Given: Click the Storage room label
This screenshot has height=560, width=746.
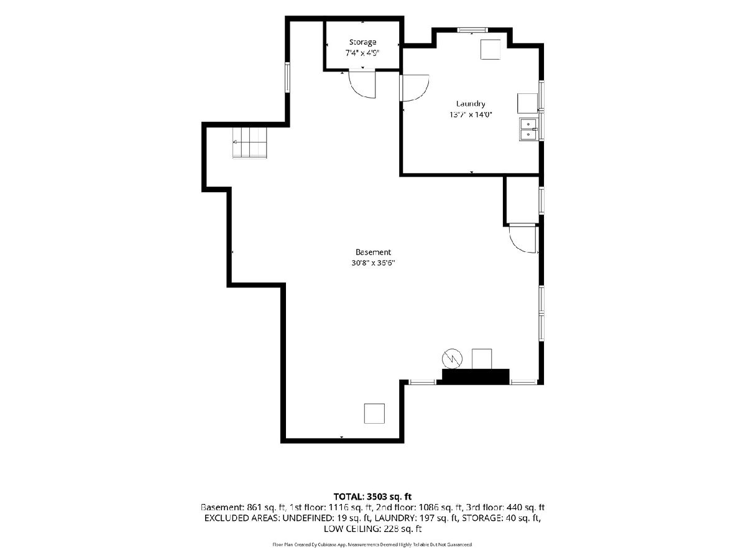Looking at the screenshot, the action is click(362, 42).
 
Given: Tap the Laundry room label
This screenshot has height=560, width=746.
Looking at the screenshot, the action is click(470, 104).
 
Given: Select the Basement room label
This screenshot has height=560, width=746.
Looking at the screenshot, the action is click(373, 252).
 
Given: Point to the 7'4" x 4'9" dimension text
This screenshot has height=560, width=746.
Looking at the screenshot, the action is click(362, 53).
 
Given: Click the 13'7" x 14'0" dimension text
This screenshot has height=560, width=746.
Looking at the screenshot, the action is click(471, 114).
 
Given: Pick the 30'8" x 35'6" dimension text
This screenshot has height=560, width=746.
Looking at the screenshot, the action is click(373, 263).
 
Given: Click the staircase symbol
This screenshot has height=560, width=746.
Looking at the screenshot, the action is click(249, 142).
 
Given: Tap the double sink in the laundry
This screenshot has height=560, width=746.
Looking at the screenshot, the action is click(528, 129).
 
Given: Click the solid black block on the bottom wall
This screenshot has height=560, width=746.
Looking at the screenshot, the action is click(475, 376).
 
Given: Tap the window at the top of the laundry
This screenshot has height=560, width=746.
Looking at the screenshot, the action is click(472, 30).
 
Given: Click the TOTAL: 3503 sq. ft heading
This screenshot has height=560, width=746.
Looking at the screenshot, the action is click(372, 497).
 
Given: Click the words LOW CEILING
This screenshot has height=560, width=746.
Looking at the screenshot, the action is click(352, 529).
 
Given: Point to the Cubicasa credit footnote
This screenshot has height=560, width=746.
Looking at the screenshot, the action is click(372, 544).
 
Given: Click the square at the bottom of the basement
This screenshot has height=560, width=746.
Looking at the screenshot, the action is click(374, 413).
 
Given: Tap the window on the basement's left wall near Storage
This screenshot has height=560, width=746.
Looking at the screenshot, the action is click(288, 77).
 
